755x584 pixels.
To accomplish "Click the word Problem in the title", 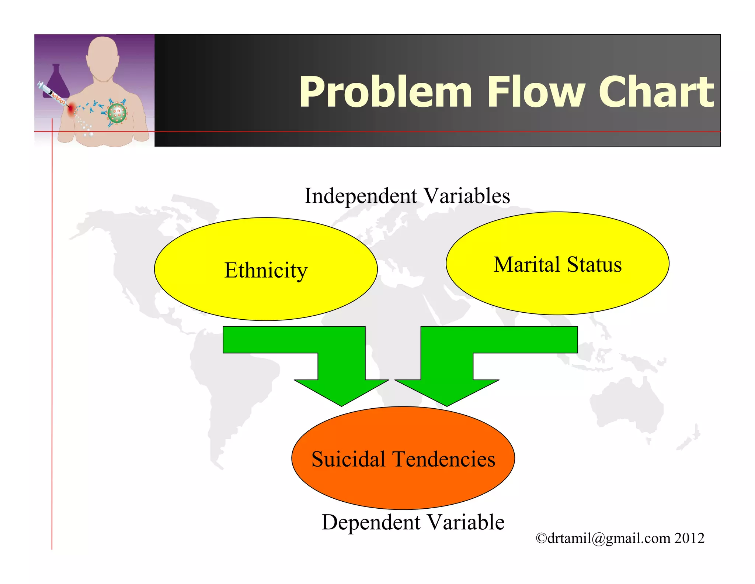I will click(x=385, y=92).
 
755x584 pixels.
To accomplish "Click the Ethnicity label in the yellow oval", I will click(x=266, y=270).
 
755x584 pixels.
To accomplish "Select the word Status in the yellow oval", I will click(x=594, y=265).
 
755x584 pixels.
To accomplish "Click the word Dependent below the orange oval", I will click(x=371, y=522).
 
